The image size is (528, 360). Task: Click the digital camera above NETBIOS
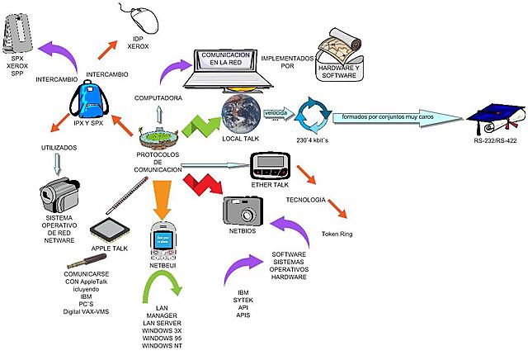[244, 211]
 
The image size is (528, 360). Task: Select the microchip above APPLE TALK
[111, 229]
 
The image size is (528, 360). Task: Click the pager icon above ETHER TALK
[273, 164]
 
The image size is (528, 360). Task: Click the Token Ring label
[336, 234]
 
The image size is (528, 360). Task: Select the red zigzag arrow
[202, 189]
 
